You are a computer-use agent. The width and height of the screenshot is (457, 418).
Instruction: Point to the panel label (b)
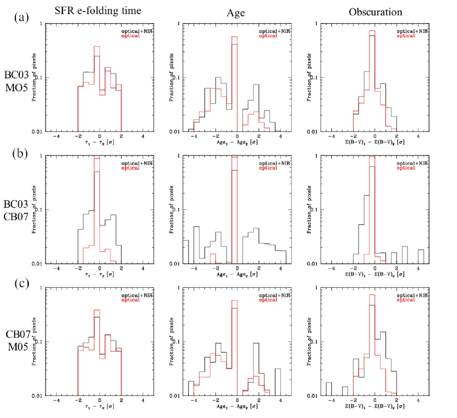click(20, 152)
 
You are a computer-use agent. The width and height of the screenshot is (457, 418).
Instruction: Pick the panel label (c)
click(20, 283)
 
